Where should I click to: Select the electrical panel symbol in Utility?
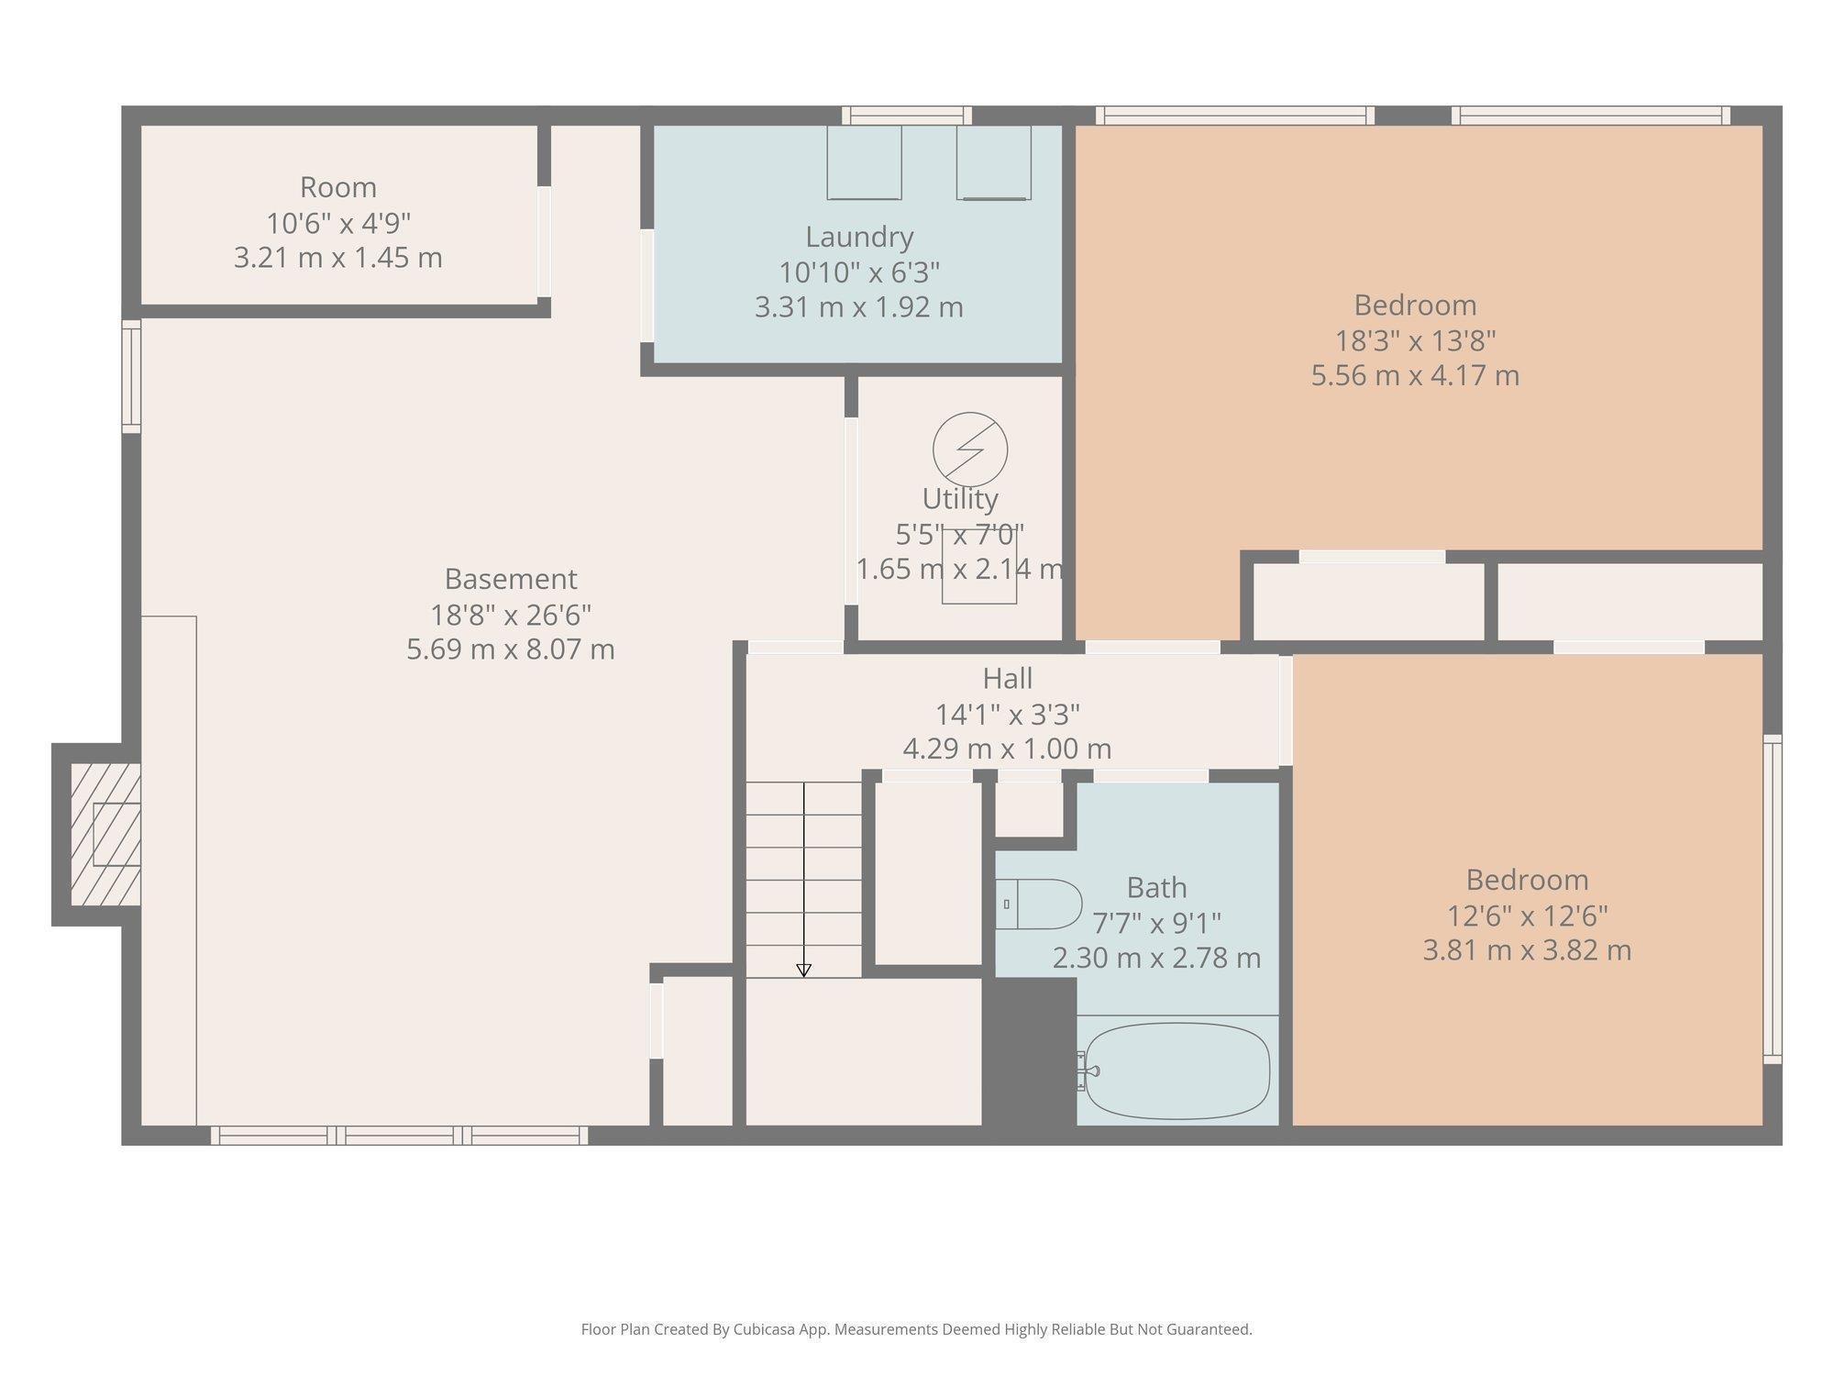970,449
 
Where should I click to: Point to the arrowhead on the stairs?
804,970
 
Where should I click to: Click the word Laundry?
859,237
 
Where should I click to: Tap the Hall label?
1007,679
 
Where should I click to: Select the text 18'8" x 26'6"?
511,615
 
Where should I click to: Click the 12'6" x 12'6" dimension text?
1527,915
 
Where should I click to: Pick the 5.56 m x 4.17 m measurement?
1415,375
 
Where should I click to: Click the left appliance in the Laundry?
864,162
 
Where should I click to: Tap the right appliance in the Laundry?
993,162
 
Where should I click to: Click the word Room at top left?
338,187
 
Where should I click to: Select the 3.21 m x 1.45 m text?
338,258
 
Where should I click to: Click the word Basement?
511,579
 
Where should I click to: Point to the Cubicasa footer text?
916,1329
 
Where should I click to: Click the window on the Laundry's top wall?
907,116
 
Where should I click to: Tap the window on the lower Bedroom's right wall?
1773,899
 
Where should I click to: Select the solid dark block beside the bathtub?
1029,1051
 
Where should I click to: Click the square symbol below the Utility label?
979,578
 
